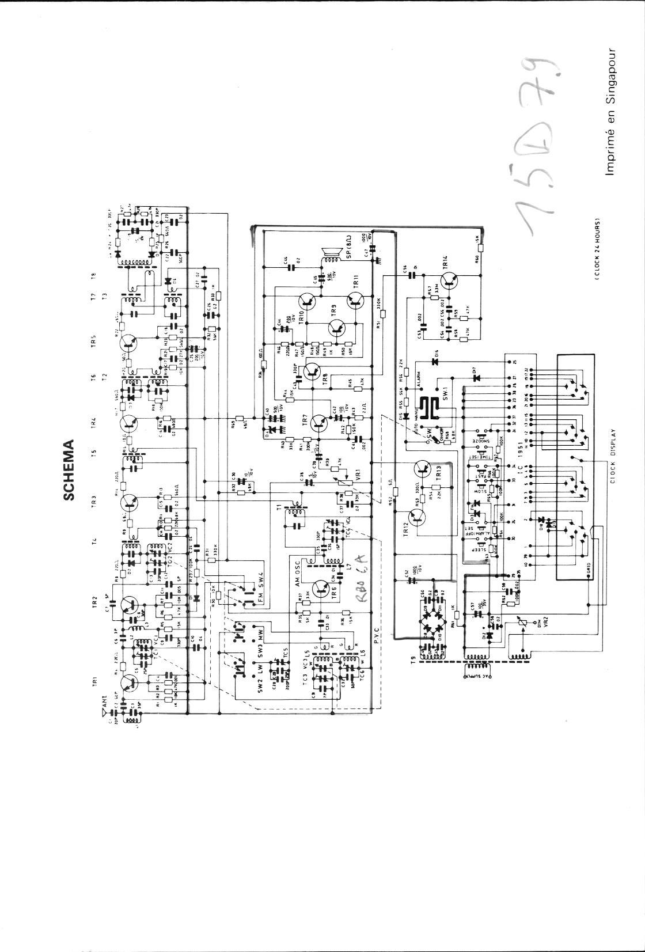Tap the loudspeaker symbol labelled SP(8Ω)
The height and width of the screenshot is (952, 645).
coord(332,252)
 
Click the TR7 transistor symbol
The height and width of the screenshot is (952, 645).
coord(318,423)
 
